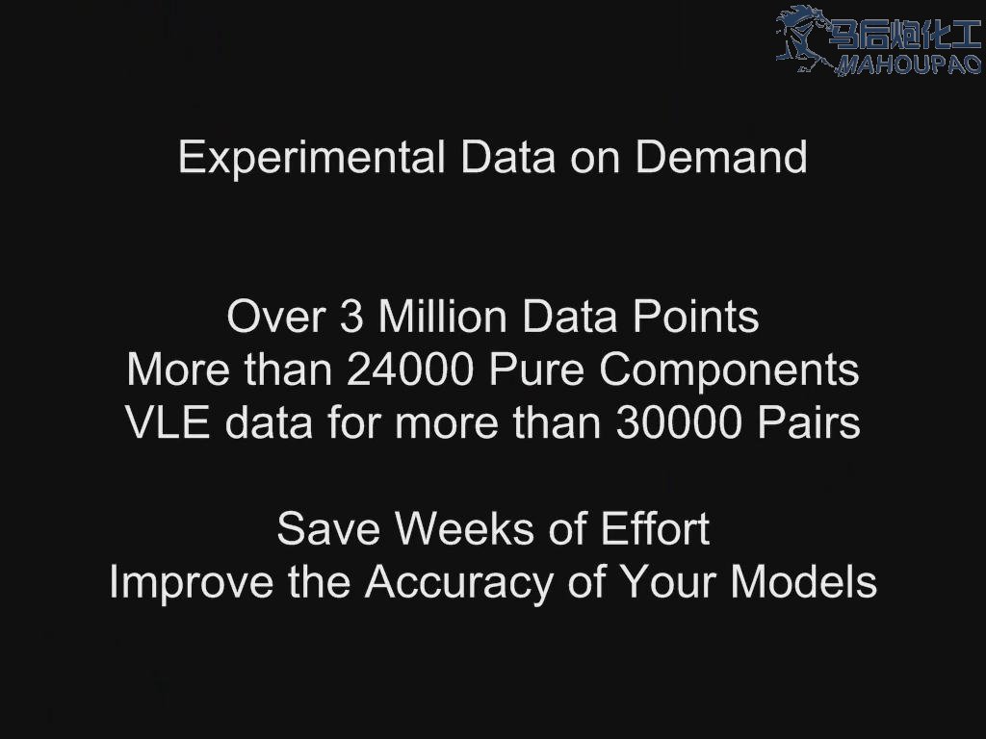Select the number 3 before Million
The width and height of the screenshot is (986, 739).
click(351, 316)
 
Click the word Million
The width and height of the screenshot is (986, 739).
click(442, 316)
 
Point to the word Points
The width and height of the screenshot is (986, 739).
click(695, 316)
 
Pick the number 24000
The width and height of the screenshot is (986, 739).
click(409, 369)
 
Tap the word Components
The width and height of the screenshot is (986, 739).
click(730, 372)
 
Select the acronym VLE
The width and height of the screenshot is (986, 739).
click(168, 422)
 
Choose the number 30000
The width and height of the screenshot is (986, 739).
click(679, 422)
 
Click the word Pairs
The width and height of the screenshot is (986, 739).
click(809, 422)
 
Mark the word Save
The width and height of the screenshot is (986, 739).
click(328, 528)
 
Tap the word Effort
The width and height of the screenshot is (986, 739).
click(655, 528)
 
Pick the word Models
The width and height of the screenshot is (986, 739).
click(804, 581)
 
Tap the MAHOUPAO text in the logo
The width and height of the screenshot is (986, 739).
click(908, 64)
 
